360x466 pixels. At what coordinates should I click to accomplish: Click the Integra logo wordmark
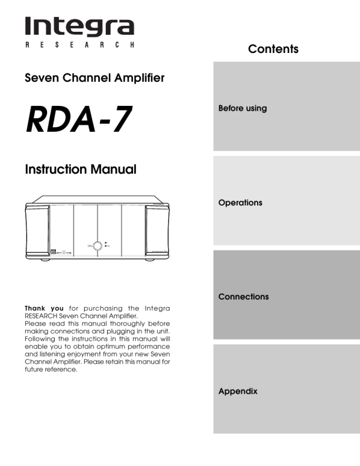coord(79,26)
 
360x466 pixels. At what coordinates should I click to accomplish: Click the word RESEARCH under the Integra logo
coord(79,45)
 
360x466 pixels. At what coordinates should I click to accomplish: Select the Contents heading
coord(273,49)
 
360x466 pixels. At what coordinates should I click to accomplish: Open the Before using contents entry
coord(242,108)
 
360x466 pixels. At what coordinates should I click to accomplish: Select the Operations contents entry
coord(240,202)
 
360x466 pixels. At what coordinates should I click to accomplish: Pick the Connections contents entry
coord(244,297)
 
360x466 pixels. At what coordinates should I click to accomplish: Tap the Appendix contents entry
coord(238,391)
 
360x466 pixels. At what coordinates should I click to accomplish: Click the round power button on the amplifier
coord(97,245)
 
